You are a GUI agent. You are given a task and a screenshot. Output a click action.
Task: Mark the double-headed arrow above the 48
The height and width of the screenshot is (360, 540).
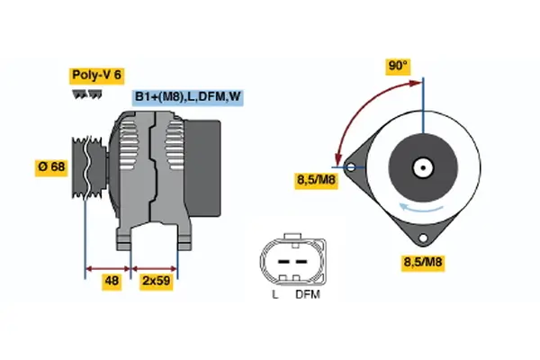[x=108, y=267]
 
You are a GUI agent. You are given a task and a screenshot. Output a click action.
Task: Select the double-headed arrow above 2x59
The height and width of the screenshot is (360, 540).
[x=155, y=267]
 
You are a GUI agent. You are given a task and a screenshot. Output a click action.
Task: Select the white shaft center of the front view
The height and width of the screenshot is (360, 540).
[x=421, y=167]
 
